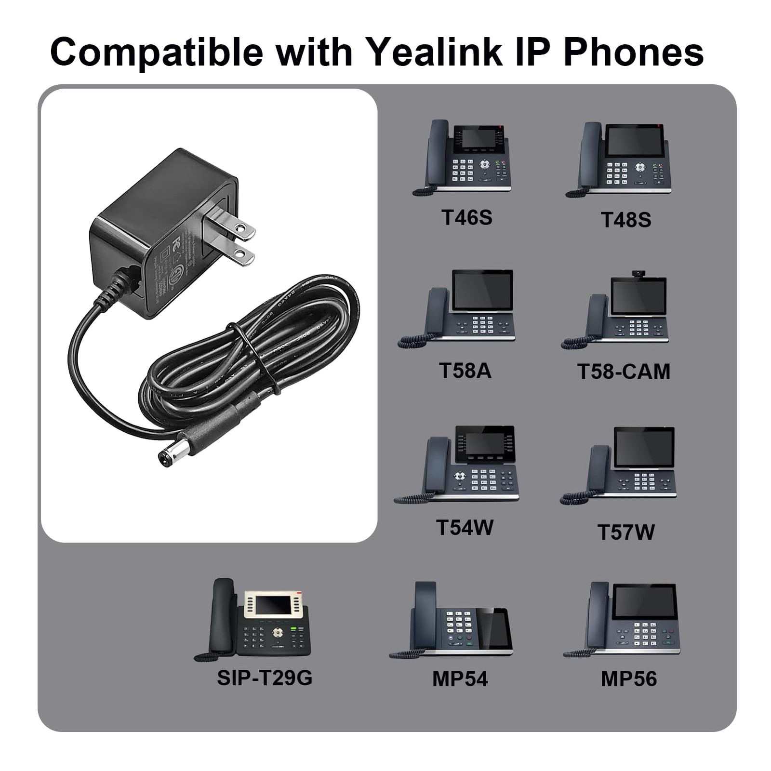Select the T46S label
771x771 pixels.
click(466, 217)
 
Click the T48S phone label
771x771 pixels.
click(625, 220)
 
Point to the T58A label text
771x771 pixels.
click(465, 371)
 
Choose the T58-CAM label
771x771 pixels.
click(624, 372)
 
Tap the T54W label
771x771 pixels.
click(465, 527)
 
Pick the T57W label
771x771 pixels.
click(626, 532)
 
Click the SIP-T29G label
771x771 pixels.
click(265, 678)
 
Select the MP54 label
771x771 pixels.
click(460, 678)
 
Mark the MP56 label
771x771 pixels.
click(628, 678)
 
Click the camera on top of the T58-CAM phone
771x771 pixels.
click(638, 274)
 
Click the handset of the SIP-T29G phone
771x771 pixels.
click(222, 617)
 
